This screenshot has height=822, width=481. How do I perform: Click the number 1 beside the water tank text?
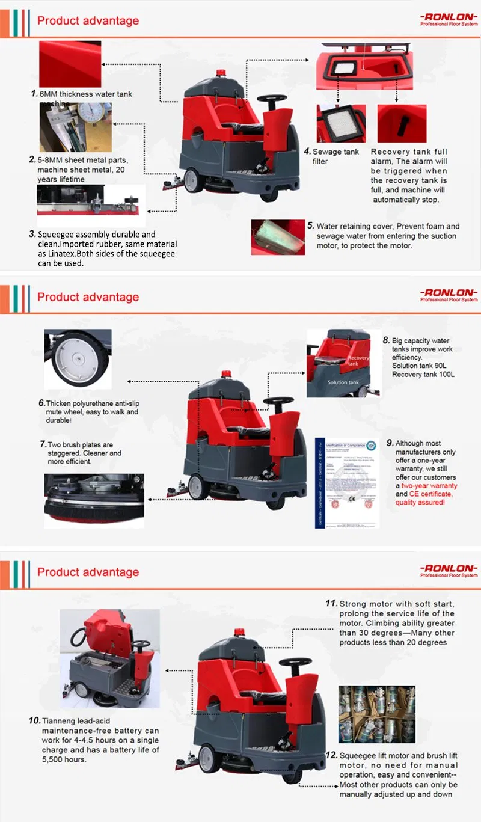tap(34, 94)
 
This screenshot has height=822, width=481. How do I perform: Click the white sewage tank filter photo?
tap(340, 124)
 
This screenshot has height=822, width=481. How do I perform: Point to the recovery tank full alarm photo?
tap(402, 123)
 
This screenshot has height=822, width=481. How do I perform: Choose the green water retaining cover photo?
tap(278, 237)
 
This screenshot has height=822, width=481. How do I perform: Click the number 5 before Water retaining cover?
tap(310, 226)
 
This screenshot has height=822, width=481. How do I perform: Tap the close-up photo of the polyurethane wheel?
tap(78, 358)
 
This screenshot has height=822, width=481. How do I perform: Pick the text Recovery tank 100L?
tap(423, 375)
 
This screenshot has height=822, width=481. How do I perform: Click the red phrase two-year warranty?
tap(429, 485)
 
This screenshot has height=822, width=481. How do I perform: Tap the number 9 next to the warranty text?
tap(390, 443)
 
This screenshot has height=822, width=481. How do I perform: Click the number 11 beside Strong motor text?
tap(331, 603)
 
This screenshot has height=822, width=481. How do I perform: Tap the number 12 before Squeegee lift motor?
tap(331, 755)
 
